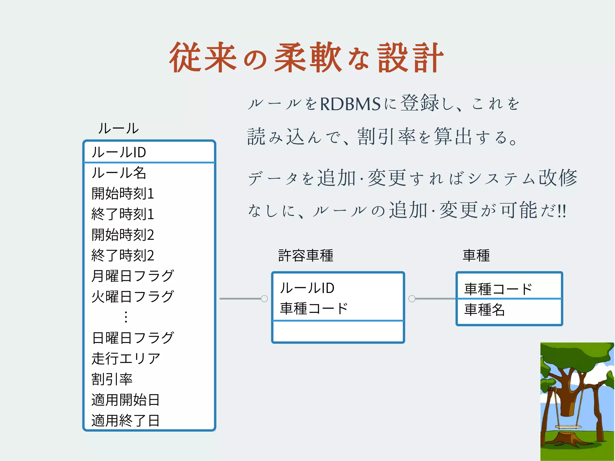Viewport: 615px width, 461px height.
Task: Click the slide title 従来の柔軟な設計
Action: tap(306, 58)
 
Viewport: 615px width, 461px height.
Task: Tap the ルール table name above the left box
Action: tap(118, 129)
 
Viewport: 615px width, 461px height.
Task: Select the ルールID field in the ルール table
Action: tap(119, 152)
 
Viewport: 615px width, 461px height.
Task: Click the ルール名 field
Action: tap(119, 173)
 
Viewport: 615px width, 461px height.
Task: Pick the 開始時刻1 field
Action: tap(123, 193)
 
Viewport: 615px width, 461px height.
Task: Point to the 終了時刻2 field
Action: tap(123, 256)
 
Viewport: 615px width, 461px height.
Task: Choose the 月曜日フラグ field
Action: tap(132, 276)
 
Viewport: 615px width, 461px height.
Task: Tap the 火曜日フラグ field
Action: tap(132, 297)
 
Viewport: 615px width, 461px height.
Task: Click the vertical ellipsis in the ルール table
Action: tap(126, 317)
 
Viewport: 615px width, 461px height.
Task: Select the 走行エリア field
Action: tap(126, 359)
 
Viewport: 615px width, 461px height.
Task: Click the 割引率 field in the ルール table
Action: tap(112, 379)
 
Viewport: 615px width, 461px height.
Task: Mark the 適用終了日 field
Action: tap(126, 420)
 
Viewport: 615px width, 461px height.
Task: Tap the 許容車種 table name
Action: tap(306, 256)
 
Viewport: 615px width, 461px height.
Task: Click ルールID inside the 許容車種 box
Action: tap(307, 288)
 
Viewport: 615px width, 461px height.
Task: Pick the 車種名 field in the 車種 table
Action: tap(484, 310)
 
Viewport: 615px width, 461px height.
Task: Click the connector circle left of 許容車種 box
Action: tap(264, 299)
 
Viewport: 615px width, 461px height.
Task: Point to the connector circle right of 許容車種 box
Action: tap(412, 299)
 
